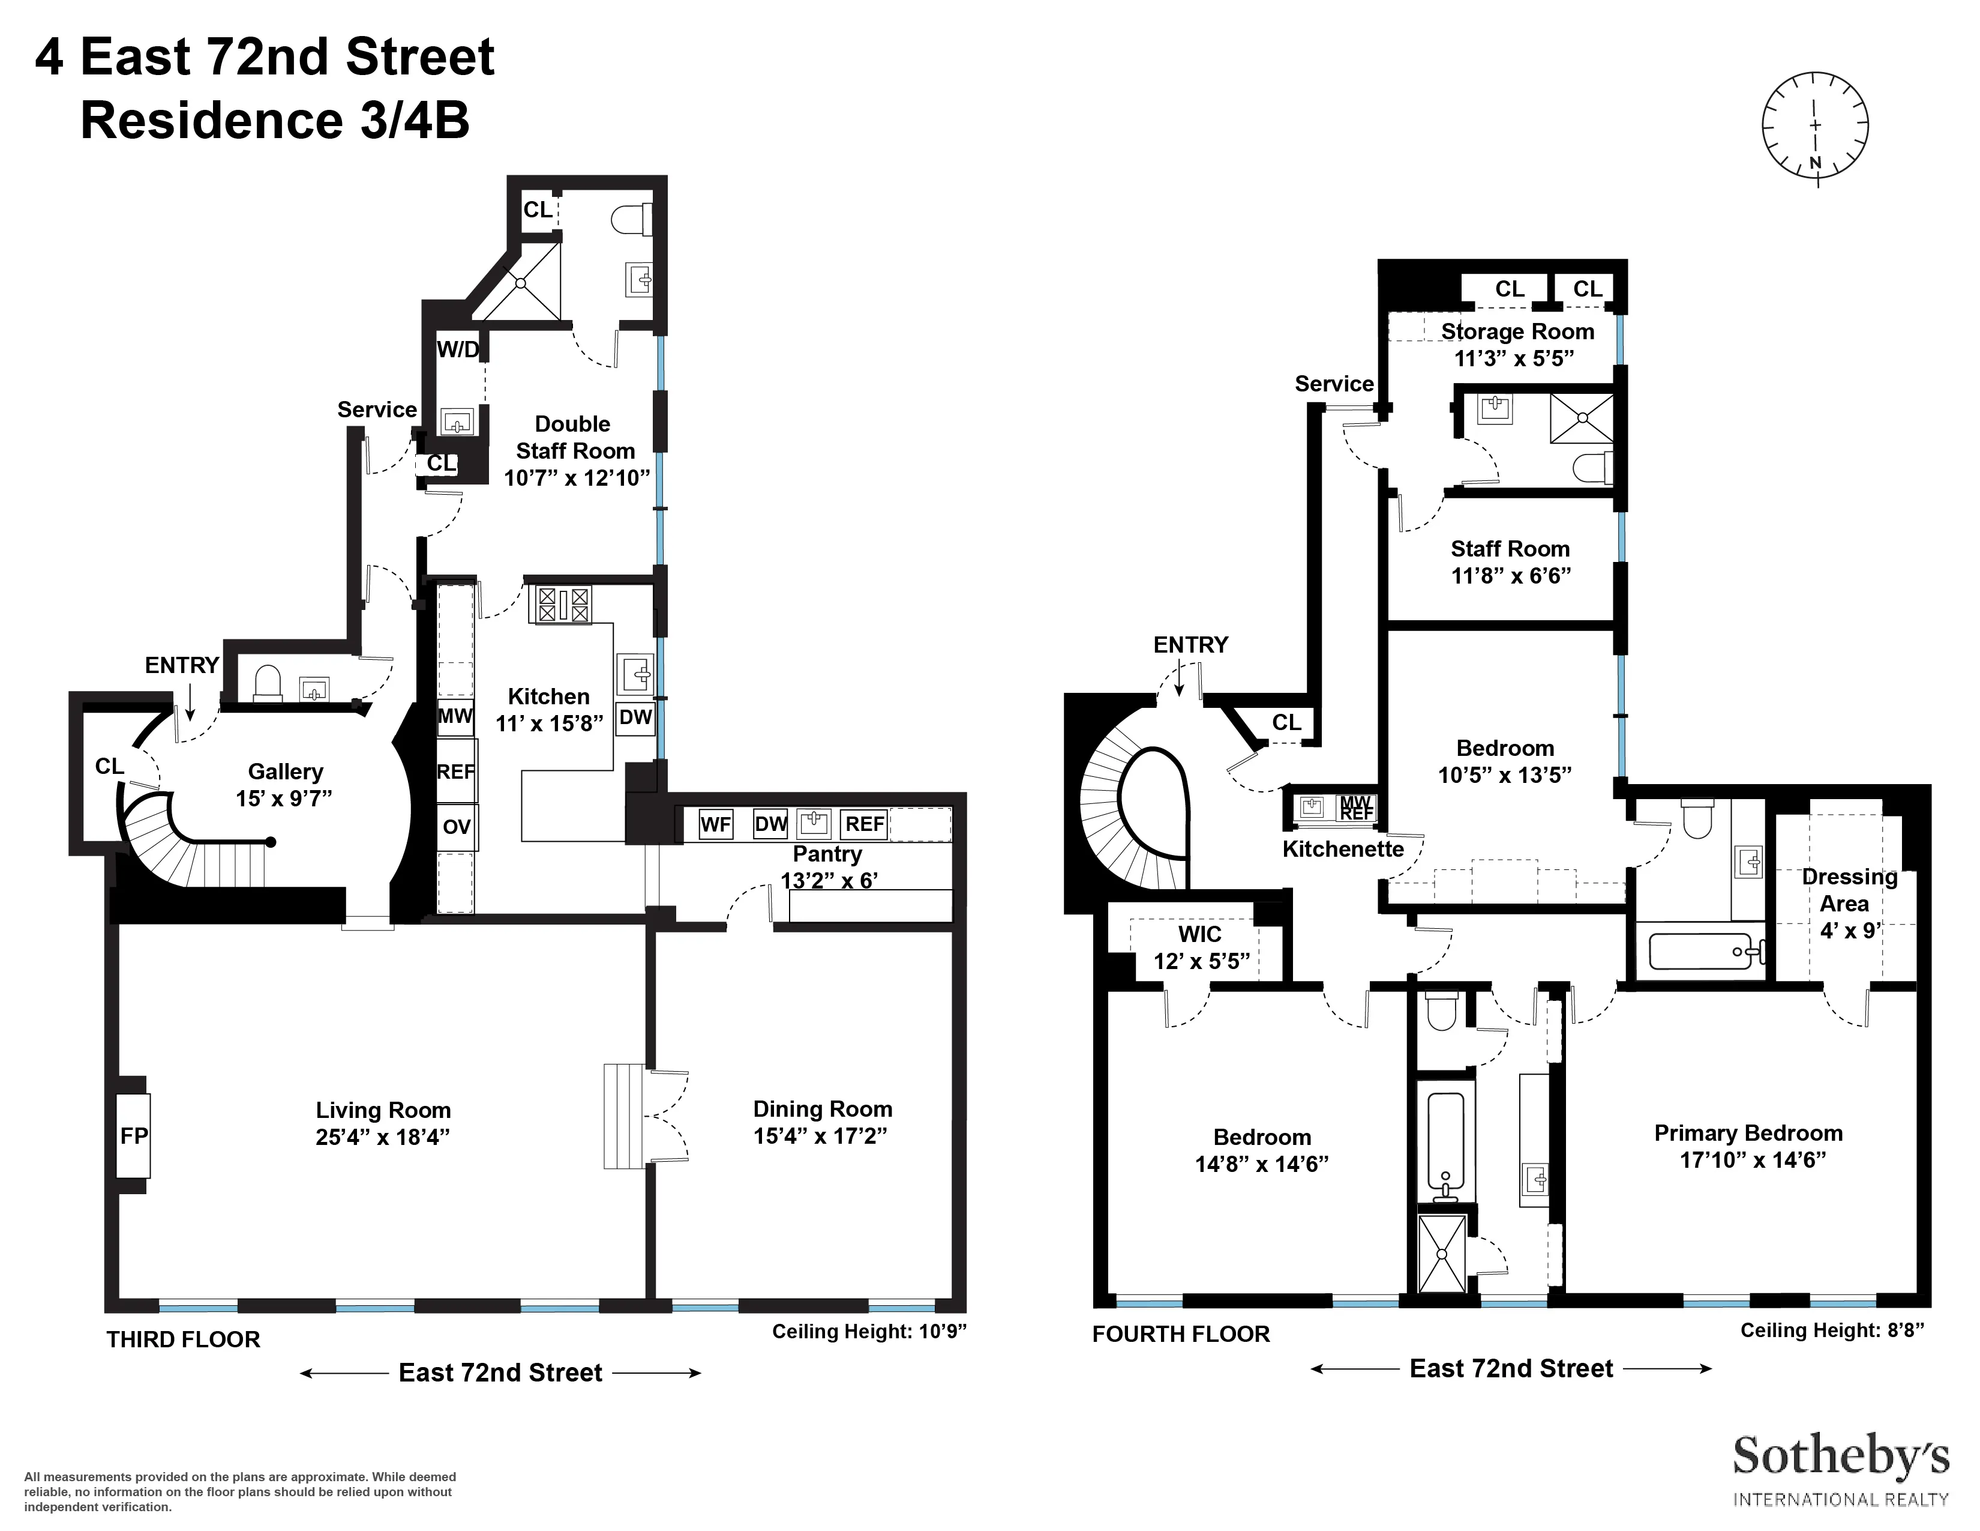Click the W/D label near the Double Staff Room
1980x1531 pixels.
[x=458, y=349]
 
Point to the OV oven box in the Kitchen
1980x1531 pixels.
[x=456, y=827]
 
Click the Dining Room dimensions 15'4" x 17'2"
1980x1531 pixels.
[x=820, y=1135]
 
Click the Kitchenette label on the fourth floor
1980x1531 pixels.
[x=1343, y=849]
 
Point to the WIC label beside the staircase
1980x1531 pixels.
[x=1199, y=934]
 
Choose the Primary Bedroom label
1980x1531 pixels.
[x=1748, y=1133]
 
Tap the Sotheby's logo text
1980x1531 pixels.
[x=1840, y=1458]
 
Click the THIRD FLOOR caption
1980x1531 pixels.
[x=183, y=1339]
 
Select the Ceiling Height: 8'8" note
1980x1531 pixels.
[x=1831, y=1330]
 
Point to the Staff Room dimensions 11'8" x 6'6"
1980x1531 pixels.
[x=1510, y=575]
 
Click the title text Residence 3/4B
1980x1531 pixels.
[x=275, y=121]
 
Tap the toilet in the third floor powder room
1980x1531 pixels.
[x=268, y=684]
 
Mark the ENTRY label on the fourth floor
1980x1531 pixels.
[x=1190, y=644]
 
